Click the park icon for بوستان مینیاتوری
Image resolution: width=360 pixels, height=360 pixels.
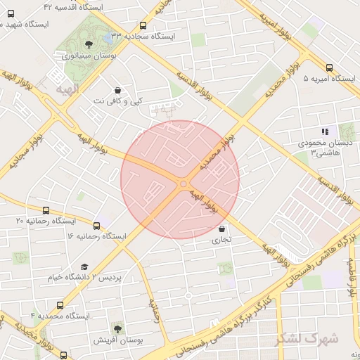point(87,44)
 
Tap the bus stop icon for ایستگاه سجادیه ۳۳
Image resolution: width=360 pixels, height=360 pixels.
point(143,25)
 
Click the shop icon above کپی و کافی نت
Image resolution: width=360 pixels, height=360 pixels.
point(117,90)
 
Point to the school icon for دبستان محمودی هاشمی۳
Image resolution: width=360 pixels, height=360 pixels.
point(325,131)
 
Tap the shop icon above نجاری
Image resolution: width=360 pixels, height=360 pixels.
point(222,229)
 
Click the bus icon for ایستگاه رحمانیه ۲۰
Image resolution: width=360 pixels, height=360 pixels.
point(46,210)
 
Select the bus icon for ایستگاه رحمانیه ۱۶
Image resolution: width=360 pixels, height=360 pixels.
point(96,226)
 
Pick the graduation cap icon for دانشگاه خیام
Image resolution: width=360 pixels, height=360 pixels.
point(85,267)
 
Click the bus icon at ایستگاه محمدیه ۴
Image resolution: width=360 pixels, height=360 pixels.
point(60,306)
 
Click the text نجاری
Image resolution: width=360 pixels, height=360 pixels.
point(221,240)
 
